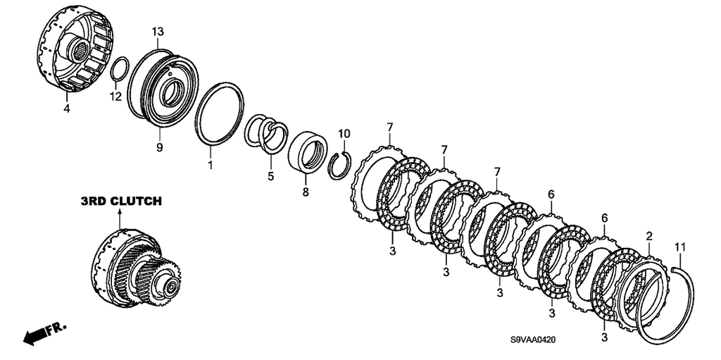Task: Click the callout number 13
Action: point(158,32)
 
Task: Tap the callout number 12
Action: point(115,97)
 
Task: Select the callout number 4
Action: point(67,110)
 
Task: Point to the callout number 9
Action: point(160,148)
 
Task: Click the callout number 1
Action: point(210,164)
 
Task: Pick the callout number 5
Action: point(270,175)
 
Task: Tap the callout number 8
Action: point(306,192)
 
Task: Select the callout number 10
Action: point(344,134)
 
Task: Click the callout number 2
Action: point(648,237)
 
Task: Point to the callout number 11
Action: point(679,248)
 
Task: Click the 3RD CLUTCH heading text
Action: point(121,201)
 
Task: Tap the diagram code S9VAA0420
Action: point(533,340)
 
